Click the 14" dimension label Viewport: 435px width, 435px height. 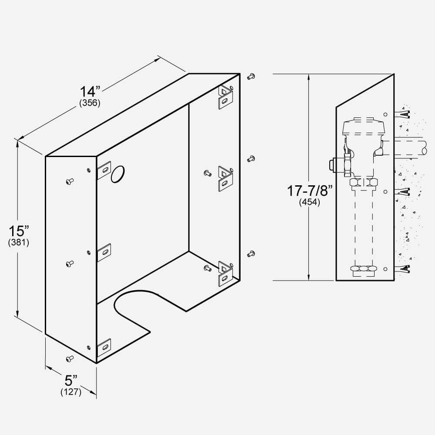[90, 92]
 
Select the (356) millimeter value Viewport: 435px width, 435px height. [90, 103]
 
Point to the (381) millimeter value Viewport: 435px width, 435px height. [18, 243]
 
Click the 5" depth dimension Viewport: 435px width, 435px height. [70, 381]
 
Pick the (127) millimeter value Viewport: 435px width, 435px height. [71, 392]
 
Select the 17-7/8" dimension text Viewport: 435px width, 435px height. [309, 191]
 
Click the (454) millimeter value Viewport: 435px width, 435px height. [309, 202]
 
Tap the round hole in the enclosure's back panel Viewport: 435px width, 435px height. [117, 174]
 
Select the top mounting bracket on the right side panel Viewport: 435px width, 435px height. [225, 97]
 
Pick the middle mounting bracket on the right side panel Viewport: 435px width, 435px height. [225, 178]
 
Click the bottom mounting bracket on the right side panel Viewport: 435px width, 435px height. [225, 272]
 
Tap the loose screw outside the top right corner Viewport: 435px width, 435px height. [251, 77]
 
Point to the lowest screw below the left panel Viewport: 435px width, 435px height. [69, 358]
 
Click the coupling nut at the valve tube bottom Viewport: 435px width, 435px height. [362, 269]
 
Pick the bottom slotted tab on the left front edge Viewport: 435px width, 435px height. [104, 347]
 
